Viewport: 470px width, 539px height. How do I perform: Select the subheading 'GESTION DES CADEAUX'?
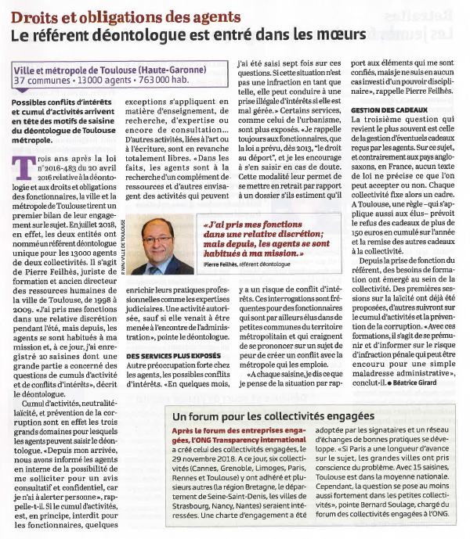coord(388,111)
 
